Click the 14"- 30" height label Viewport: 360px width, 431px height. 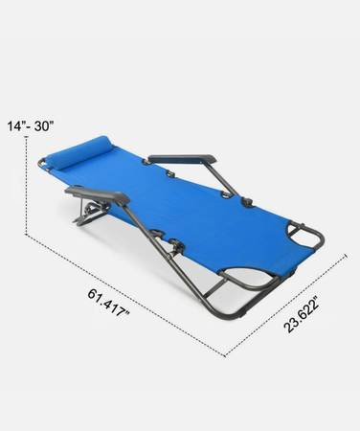pos(31,125)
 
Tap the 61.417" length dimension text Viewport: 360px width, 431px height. pos(109,303)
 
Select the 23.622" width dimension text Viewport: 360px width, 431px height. pos(302,314)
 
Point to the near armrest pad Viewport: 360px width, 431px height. pos(98,194)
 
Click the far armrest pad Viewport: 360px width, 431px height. pos(182,159)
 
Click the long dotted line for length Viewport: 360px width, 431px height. pos(125,295)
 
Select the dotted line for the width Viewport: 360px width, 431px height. pos(285,305)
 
